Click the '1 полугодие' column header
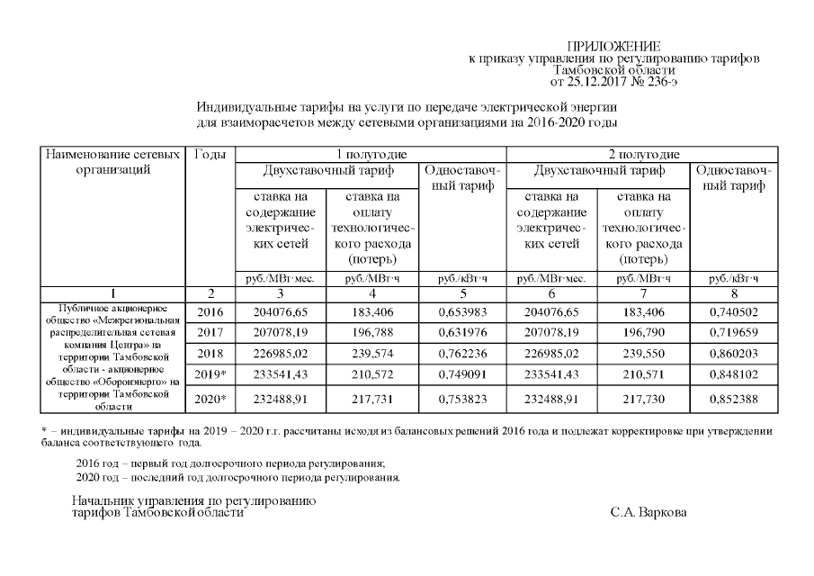pos(371,155)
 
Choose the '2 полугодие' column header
pos(643,155)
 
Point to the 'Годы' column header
pos(210,155)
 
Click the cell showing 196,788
pos(371,332)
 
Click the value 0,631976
pos(462,332)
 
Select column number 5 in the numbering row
pos(462,293)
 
